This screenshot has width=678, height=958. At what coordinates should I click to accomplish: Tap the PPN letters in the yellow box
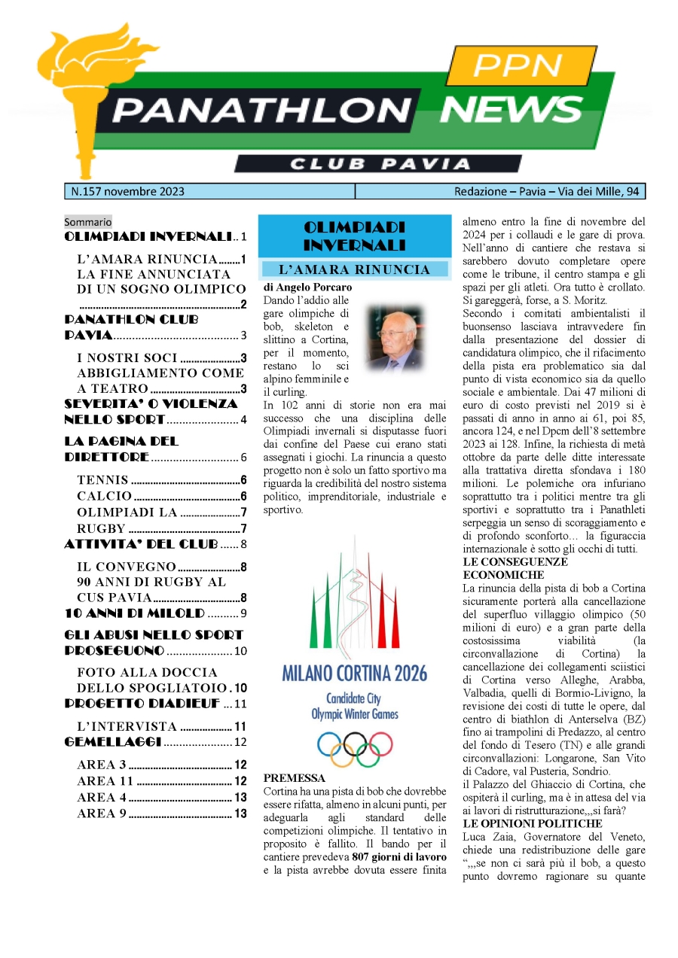(517, 66)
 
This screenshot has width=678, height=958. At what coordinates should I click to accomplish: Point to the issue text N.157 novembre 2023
(127, 192)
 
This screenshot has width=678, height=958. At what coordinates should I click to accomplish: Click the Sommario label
(87, 222)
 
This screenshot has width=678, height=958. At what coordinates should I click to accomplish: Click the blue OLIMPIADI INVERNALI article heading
(354, 236)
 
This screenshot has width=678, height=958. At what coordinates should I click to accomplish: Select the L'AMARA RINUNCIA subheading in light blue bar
(354, 269)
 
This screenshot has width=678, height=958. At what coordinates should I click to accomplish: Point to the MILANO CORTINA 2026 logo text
(354, 672)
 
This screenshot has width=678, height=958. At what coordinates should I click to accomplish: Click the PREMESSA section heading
(295, 778)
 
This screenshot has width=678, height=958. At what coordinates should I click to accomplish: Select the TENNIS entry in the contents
(102, 480)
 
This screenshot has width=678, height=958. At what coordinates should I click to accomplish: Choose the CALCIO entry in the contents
(104, 496)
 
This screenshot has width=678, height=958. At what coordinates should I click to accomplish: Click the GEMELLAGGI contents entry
(113, 742)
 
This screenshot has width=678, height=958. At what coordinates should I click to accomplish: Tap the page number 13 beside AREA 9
(240, 814)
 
